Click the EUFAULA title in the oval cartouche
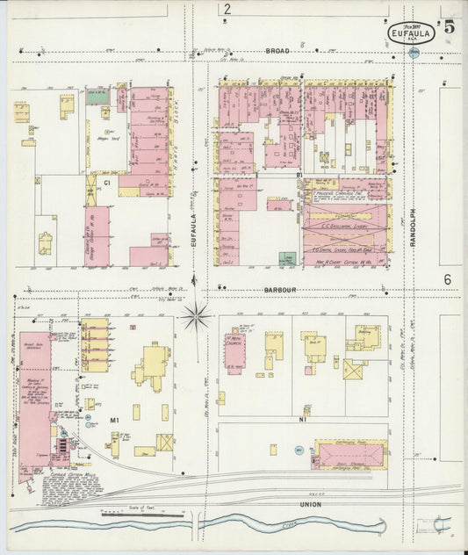(411, 35)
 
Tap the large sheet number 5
(449, 26)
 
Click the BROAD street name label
(277, 52)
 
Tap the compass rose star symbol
(196, 315)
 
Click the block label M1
(114, 422)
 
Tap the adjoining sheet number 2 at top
(227, 10)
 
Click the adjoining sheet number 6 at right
(447, 279)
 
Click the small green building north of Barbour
(286, 259)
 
